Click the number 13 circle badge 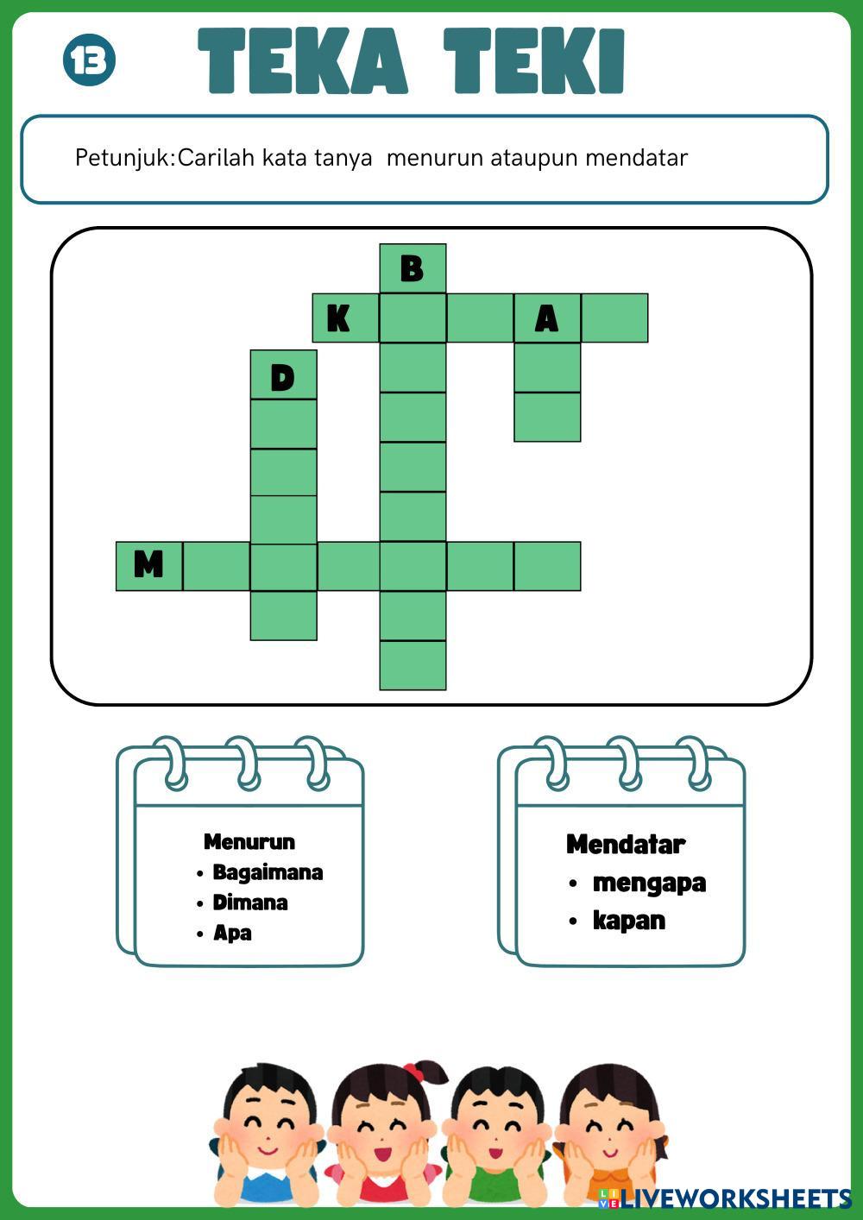(89, 60)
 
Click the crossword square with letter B (413, 268)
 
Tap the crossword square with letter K (345, 318)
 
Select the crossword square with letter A (547, 318)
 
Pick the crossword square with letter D (283, 375)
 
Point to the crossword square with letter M (149, 566)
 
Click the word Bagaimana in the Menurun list (268, 872)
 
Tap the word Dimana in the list (250, 902)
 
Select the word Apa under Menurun (232, 933)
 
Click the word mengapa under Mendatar (649, 883)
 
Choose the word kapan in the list (629, 921)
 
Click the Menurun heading (249, 841)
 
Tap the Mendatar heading (626, 844)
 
